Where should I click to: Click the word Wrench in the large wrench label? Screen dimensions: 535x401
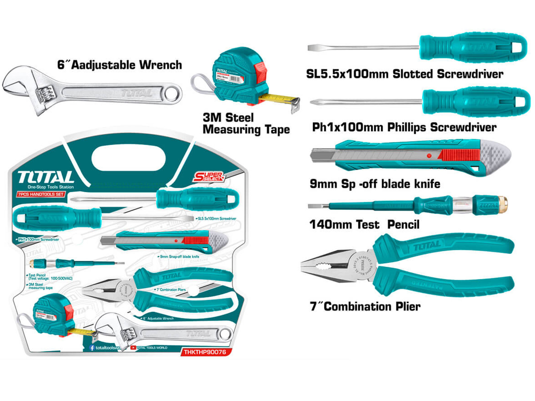click(x=160, y=65)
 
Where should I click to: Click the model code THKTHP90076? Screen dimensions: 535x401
click(x=205, y=352)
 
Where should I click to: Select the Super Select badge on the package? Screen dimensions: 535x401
click(x=209, y=177)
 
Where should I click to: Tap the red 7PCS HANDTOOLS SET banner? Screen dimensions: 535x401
click(x=41, y=194)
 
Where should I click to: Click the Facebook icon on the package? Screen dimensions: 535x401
click(x=92, y=348)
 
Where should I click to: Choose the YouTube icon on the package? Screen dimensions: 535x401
click(x=133, y=348)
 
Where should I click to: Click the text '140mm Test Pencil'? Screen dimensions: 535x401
click(x=364, y=225)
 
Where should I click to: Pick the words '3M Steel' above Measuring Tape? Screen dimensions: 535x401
click(x=228, y=118)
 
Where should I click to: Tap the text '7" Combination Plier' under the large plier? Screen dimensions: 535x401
click(x=365, y=306)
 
